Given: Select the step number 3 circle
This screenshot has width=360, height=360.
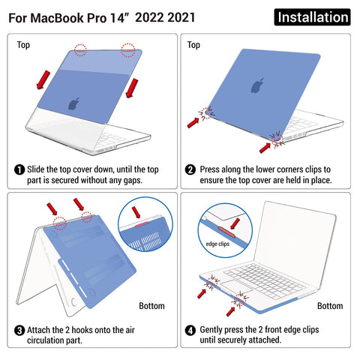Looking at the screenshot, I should [18, 329].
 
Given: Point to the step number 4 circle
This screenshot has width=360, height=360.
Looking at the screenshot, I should [191, 329].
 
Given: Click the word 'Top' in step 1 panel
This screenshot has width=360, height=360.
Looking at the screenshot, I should [25, 45].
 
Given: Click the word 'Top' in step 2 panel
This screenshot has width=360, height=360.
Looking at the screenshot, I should [193, 45].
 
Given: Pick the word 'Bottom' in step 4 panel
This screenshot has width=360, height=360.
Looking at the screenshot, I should [329, 306].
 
